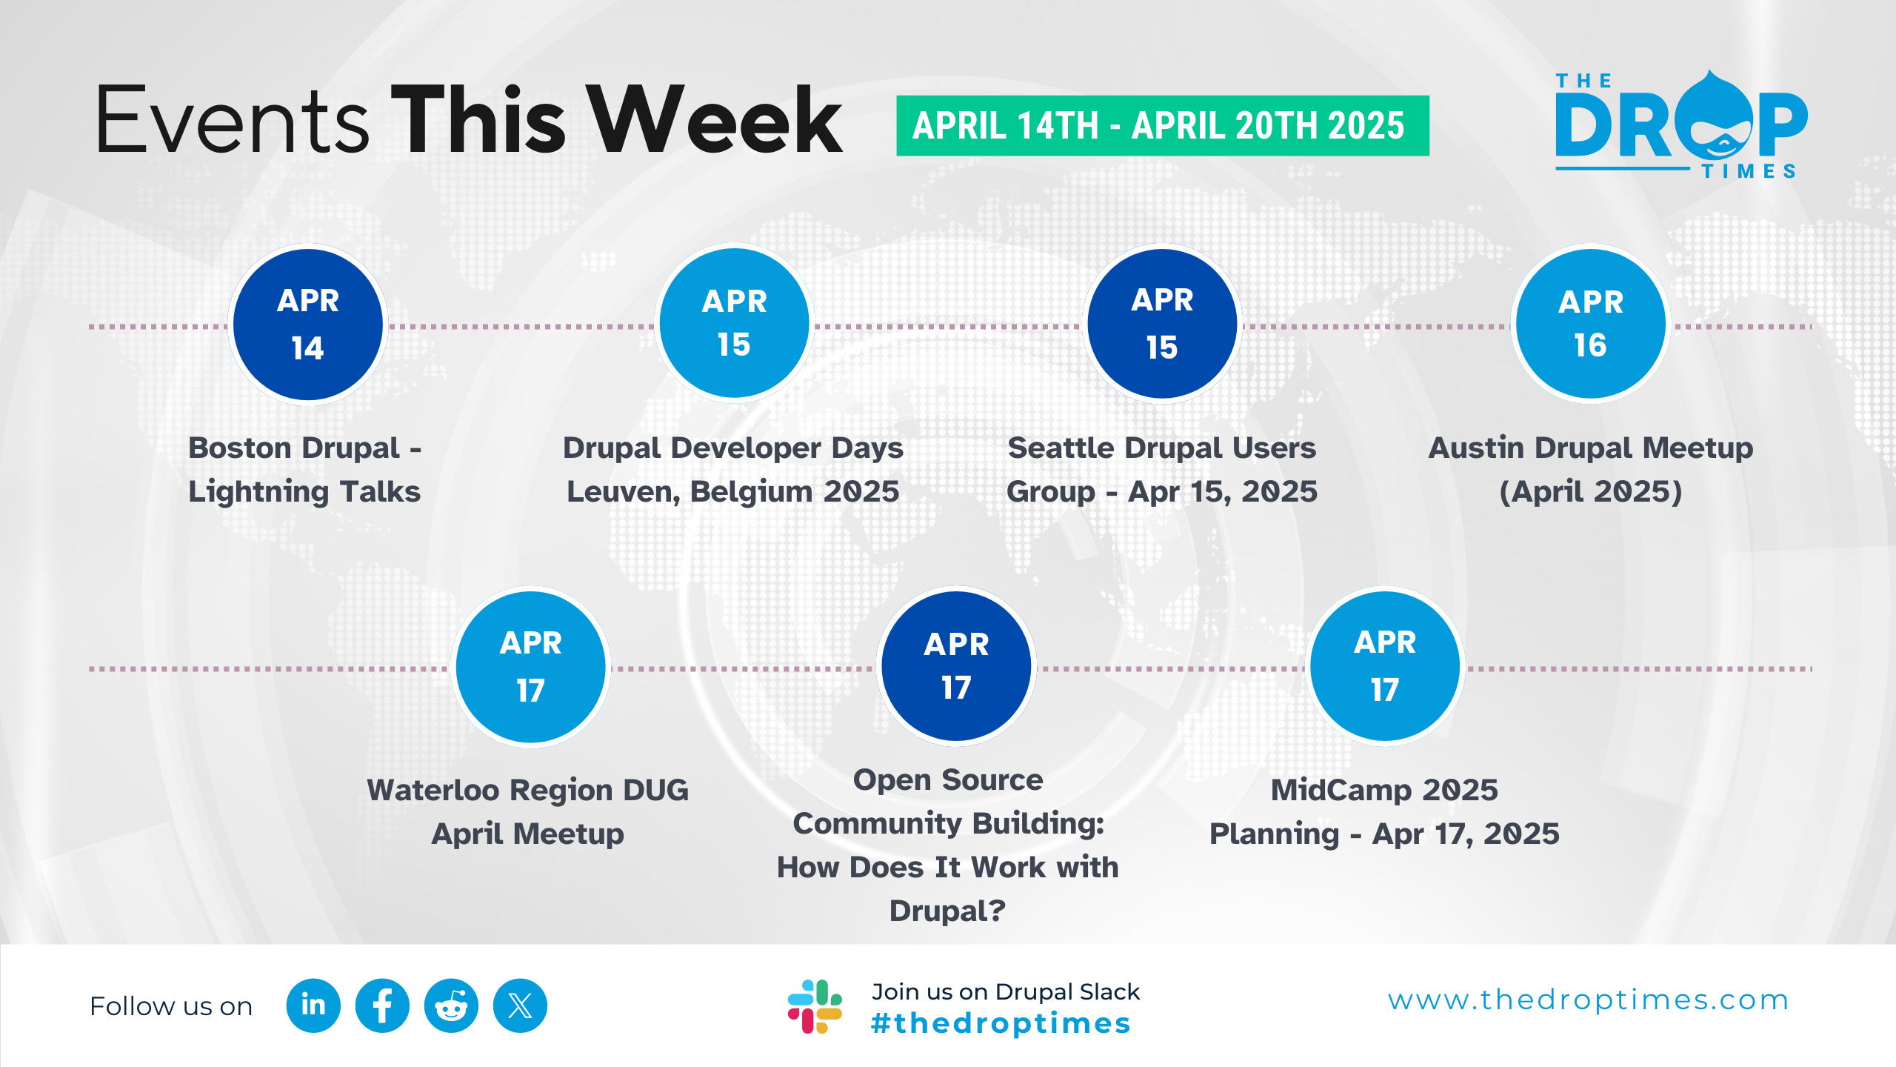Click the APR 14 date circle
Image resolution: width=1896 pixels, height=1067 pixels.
(308, 325)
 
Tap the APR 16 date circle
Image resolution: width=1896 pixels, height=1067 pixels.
(1591, 324)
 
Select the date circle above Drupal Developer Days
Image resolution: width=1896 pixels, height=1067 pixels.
(735, 323)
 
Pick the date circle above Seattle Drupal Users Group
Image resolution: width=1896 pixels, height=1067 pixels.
(1162, 324)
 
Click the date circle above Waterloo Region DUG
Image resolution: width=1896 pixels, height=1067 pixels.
(531, 667)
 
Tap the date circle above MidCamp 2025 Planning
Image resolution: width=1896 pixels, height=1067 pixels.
(1385, 666)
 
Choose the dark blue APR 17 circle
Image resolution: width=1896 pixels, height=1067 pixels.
(956, 666)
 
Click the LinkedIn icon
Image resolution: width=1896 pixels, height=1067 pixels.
(313, 1005)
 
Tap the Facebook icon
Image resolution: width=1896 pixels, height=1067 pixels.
(382, 1005)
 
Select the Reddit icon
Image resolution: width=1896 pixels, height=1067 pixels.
(451, 1005)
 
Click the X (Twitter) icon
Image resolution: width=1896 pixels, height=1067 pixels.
(520, 1005)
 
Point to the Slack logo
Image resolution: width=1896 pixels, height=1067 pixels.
(815, 1006)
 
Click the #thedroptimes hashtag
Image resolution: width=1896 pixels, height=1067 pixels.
(1001, 1023)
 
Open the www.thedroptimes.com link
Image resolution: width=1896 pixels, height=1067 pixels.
(1588, 1000)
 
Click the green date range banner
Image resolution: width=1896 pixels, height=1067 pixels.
(1162, 125)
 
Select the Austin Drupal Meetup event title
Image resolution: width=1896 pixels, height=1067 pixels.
(1591, 469)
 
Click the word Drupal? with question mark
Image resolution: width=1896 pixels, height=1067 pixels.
(947, 911)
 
